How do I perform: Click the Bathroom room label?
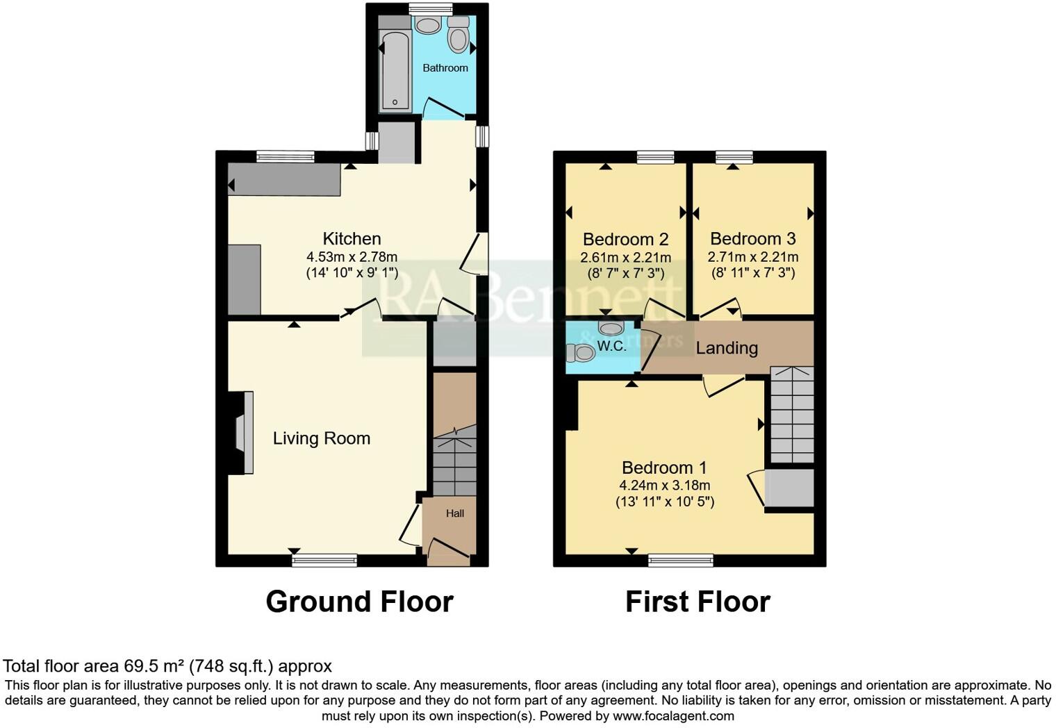click(445, 68)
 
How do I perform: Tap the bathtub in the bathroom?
click(395, 69)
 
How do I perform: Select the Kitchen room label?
click(352, 239)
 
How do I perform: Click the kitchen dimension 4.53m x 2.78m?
click(352, 256)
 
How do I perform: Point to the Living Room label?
click(321, 438)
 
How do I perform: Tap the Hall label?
click(455, 513)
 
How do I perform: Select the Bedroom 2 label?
click(625, 240)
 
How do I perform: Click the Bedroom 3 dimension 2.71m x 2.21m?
click(753, 257)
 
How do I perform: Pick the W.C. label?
click(611, 346)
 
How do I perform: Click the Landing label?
click(727, 348)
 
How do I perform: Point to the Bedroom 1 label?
click(665, 468)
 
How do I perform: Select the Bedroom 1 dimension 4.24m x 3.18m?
click(665, 486)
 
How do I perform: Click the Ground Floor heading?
click(359, 602)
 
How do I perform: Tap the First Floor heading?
click(698, 602)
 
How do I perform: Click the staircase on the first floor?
click(791, 415)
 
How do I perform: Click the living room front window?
click(324, 560)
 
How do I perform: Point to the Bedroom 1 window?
click(681, 560)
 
